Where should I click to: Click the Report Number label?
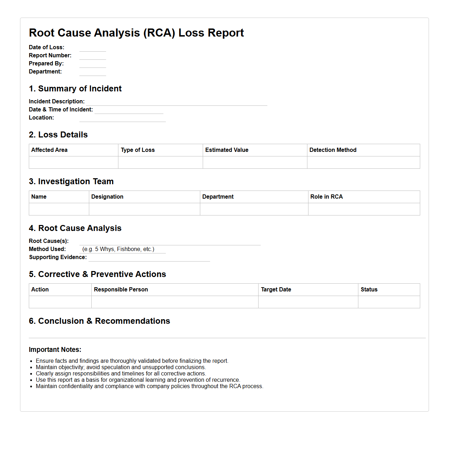[50, 56]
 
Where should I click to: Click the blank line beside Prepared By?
[92, 64]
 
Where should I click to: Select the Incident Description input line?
[176, 102]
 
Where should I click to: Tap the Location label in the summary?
[41, 118]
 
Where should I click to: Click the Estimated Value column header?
[227, 150]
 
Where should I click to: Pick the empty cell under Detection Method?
[363, 162]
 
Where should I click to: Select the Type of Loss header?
[138, 150]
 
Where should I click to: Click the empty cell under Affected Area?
[73, 162]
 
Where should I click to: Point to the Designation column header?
[107, 197]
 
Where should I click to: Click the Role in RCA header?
[326, 197]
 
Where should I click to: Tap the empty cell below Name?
[59, 209]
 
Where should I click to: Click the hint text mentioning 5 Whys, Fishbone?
[118, 249]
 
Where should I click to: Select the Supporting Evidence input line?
[149, 258]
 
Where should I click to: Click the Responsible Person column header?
[121, 290]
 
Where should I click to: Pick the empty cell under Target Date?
[308, 302]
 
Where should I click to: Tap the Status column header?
[369, 290]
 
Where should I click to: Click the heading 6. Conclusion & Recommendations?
[99, 321]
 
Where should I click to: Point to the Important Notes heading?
[55, 350]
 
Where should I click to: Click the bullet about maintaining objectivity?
[121, 367]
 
